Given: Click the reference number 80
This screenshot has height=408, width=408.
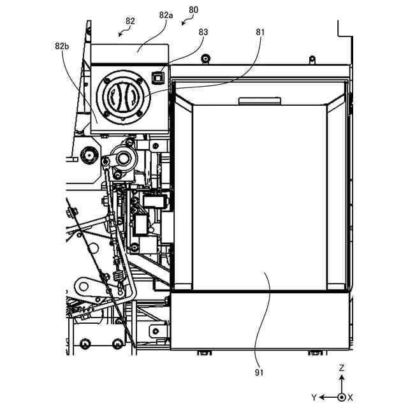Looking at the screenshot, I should pyautogui.click(x=194, y=10).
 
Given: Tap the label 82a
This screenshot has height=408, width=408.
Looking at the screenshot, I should pyautogui.click(x=166, y=14).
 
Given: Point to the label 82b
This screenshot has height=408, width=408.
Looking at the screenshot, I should pyautogui.click(x=62, y=46).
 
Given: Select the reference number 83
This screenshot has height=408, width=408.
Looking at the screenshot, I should pyautogui.click(x=203, y=31).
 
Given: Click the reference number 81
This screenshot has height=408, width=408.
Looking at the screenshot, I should pyautogui.click(x=260, y=31).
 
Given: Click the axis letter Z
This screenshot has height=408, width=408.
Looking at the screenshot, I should pyautogui.click(x=342, y=368).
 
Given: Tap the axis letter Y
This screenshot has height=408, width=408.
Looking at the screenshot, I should pyautogui.click(x=314, y=397).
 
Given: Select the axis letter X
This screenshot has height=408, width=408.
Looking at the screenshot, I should pyautogui.click(x=350, y=397).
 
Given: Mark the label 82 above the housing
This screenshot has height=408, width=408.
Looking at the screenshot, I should pyautogui.click(x=130, y=21).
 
